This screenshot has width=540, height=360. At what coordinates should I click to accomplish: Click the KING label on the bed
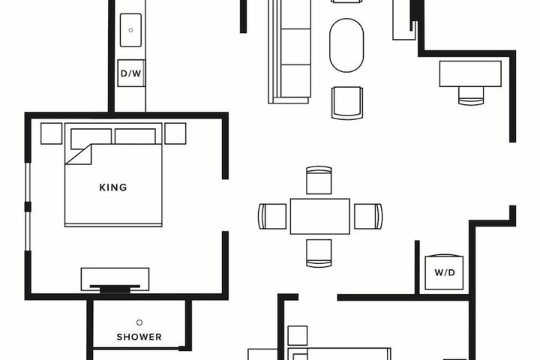tap(113, 187)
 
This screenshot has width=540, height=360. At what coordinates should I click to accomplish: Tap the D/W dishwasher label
tap(130, 73)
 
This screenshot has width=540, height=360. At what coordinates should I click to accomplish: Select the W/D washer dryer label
tap(444, 273)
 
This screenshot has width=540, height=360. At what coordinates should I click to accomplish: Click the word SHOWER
tap(139, 337)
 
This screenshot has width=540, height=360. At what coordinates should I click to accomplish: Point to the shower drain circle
tap(139, 322)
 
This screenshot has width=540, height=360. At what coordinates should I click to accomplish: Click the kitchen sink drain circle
tap(130, 30)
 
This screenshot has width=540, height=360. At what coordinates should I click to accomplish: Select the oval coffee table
tap(346, 46)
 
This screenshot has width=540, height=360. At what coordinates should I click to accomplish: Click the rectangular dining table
tap(320, 216)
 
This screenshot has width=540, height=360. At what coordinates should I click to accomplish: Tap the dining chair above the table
tap(319, 180)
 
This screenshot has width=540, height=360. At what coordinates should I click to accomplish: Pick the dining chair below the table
tap(319, 253)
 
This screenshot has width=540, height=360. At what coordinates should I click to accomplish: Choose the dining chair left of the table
tap(272, 216)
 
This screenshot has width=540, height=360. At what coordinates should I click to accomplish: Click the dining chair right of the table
tap(368, 216)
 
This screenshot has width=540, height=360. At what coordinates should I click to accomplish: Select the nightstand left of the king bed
tap(51, 133)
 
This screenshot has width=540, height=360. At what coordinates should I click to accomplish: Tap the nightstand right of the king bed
tap(175, 133)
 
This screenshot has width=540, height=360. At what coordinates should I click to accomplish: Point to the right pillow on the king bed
tap(135, 136)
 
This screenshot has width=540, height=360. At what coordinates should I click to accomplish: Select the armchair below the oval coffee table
tap(346, 103)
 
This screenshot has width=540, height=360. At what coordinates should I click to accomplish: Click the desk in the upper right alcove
tap(470, 73)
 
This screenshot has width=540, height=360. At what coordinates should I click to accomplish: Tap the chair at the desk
tap(471, 96)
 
